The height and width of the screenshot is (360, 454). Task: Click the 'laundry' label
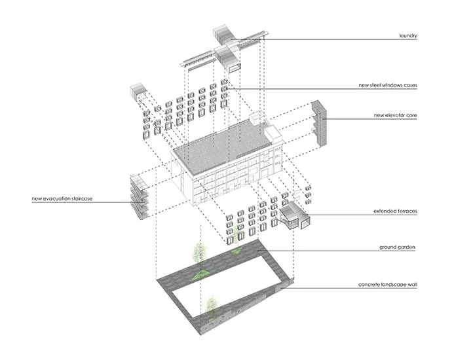(x=408, y=36)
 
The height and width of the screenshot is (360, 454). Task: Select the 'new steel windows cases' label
(x=388, y=85)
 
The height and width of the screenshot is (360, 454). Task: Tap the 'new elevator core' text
(x=395, y=115)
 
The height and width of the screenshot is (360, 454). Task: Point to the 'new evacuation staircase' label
(x=62, y=199)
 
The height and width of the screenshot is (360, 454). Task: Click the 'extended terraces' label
(x=395, y=211)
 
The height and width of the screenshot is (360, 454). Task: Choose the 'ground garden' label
(x=397, y=247)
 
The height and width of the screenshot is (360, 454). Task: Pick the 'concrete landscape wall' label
(x=388, y=285)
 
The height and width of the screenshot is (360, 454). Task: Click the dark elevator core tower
(x=320, y=123)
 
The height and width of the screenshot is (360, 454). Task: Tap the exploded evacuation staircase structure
(x=140, y=197)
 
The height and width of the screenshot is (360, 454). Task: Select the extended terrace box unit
(x=294, y=215)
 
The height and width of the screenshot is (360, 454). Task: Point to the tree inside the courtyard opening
(x=212, y=307)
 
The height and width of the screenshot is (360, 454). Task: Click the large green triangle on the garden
(x=200, y=275)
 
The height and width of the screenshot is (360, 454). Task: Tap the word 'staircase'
(x=81, y=199)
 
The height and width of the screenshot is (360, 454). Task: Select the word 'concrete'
(x=369, y=285)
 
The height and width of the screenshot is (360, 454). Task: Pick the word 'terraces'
(x=407, y=211)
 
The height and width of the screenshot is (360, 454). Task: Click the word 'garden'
(x=407, y=247)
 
